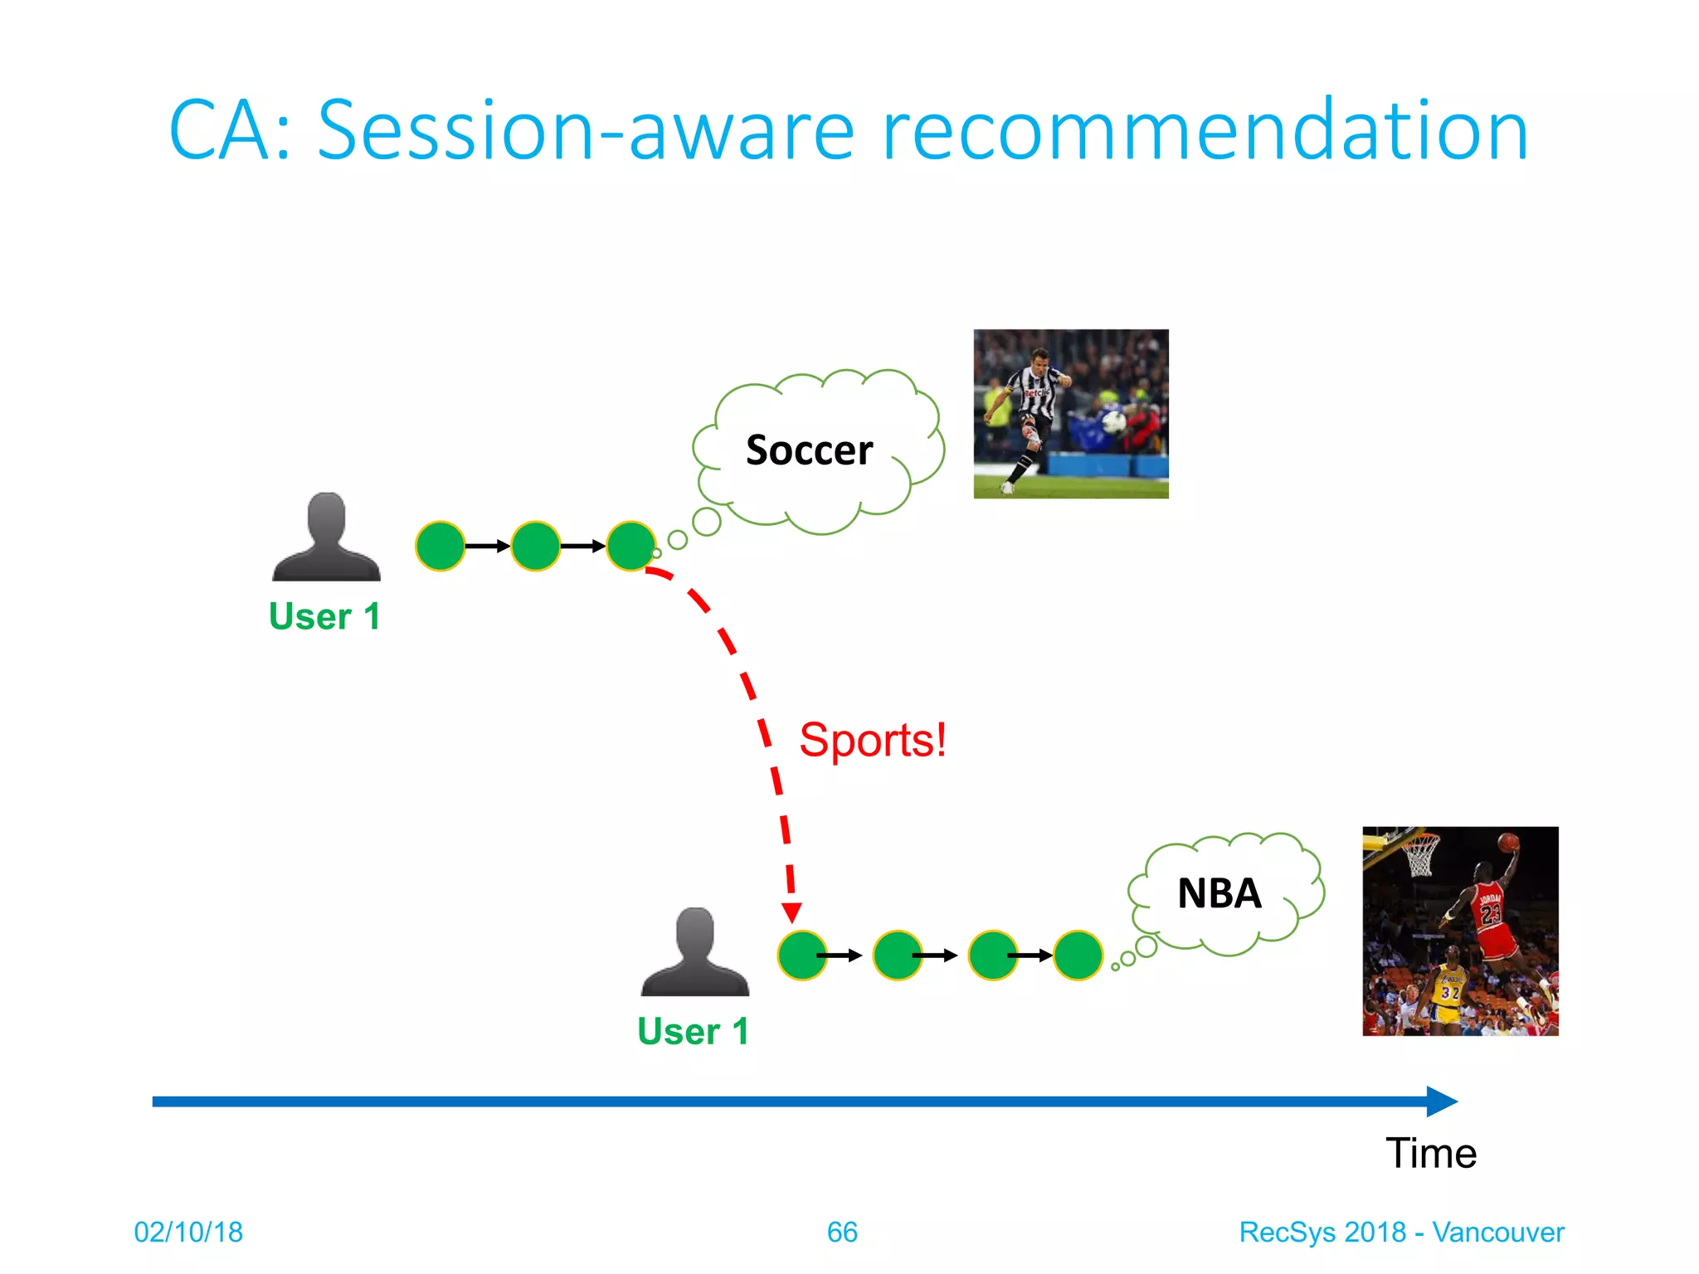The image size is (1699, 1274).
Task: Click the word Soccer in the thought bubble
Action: pyautogui.click(x=809, y=450)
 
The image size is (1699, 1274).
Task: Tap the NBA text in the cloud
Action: pyautogui.click(x=1219, y=894)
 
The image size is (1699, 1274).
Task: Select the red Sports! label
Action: pyautogui.click(x=872, y=740)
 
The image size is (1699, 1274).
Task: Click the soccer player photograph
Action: pyautogui.click(x=1070, y=413)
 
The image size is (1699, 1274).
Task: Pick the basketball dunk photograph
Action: pyautogui.click(x=1459, y=931)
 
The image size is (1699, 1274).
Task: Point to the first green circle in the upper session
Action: pyautogui.click(x=440, y=546)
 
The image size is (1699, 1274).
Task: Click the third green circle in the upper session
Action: pyautogui.click(x=631, y=546)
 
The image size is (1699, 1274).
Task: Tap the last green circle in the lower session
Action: pyautogui.click(x=1077, y=955)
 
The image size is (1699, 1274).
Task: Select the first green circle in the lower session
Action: pyautogui.click(x=801, y=955)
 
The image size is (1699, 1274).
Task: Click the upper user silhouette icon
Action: pyautogui.click(x=326, y=537)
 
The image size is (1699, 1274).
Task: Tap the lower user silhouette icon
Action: pyautogui.click(x=694, y=952)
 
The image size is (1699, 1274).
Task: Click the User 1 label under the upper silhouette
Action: pyautogui.click(x=324, y=617)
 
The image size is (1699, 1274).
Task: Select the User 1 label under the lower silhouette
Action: pyautogui.click(x=693, y=1032)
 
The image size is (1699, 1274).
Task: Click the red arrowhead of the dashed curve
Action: pyautogui.click(x=791, y=912)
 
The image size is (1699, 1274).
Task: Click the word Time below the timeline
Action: pyautogui.click(x=1430, y=1154)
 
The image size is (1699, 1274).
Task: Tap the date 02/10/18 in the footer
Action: pyautogui.click(x=188, y=1233)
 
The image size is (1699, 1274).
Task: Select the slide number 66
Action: pyautogui.click(x=841, y=1233)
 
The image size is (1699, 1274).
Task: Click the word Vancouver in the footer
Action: pyautogui.click(x=1497, y=1233)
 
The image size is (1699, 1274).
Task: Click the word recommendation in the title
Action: pyautogui.click(x=1205, y=131)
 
